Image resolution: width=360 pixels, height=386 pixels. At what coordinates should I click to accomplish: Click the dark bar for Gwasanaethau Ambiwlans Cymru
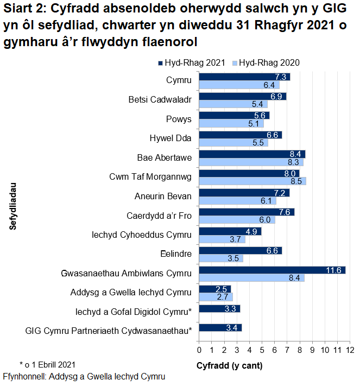[272, 270]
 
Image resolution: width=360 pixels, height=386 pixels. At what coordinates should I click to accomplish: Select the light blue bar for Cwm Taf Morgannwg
[252, 181]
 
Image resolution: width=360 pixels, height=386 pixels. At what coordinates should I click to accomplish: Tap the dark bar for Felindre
[241, 250]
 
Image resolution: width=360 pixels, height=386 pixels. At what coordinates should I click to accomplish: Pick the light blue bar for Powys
[231, 123]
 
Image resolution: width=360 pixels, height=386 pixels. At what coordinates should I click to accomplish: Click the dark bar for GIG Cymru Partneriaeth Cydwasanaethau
[220, 327]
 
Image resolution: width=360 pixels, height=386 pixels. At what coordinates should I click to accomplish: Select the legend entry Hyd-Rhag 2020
[266, 63]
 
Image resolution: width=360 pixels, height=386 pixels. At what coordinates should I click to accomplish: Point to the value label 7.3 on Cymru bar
[281, 77]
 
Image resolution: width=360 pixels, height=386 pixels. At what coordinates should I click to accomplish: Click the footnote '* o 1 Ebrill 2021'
[47, 364]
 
